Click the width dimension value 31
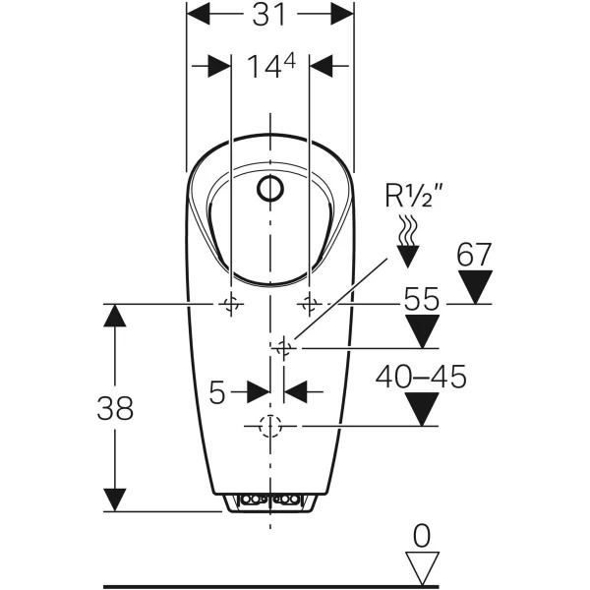click(x=270, y=15)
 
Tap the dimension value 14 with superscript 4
click(x=270, y=66)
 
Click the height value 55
click(x=424, y=300)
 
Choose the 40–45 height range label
click(x=424, y=377)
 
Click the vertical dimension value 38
click(x=115, y=408)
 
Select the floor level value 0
click(x=422, y=536)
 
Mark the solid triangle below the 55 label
click(x=424, y=332)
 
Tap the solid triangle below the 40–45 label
click(x=424, y=409)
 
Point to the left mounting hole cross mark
click(x=231, y=304)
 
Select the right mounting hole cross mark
click(x=309, y=304)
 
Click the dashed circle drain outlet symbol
click(x=269, y=426)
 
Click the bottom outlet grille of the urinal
click(x=269, y=502)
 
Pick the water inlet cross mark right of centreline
click(x=284, y=347)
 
